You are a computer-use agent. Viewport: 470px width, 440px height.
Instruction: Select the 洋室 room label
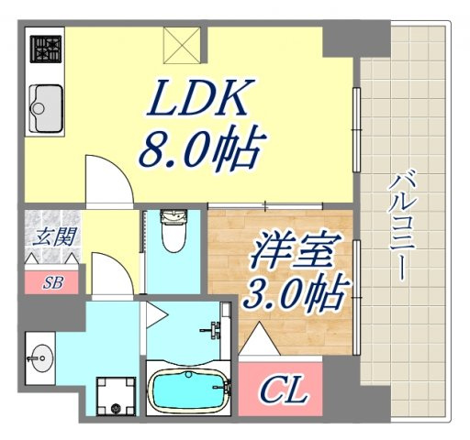[292, 250]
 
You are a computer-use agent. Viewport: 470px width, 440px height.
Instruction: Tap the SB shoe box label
[51, 282]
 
